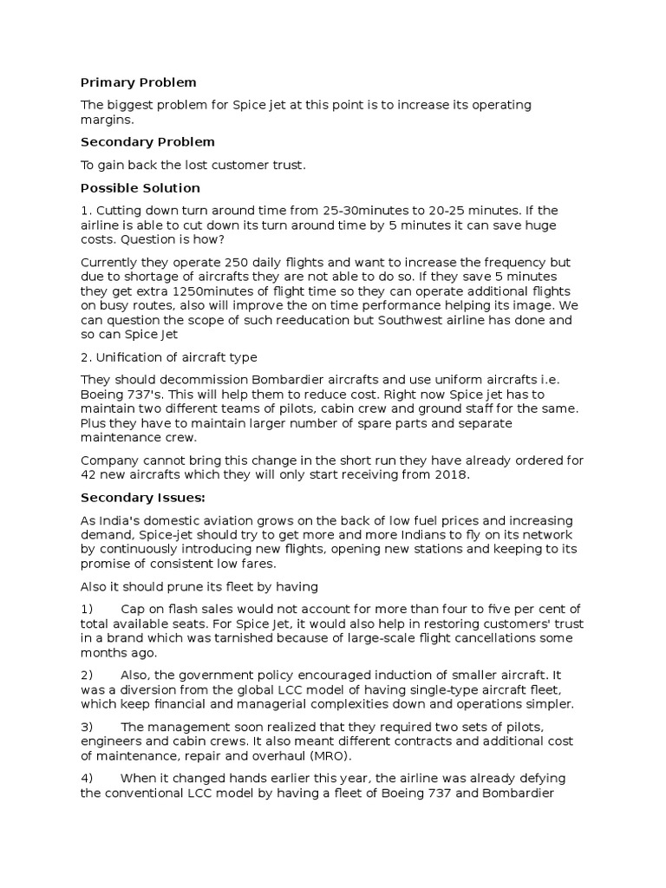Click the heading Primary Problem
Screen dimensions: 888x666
click(139, 82)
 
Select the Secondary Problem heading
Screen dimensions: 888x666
click(147, 141)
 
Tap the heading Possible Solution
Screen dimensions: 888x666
click(140, 187)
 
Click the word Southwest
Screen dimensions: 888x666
click(400, 320)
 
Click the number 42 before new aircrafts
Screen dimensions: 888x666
click(89, 474)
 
